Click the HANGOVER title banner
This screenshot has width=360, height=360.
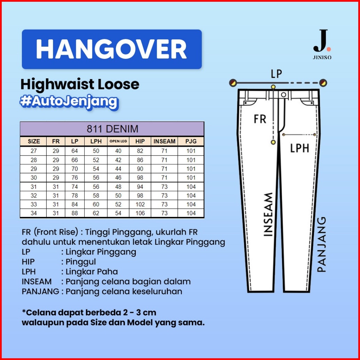111,49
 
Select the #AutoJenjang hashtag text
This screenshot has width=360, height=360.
69,101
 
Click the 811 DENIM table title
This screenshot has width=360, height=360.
112,129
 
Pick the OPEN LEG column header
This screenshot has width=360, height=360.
118,141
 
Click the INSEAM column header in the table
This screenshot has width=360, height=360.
164,141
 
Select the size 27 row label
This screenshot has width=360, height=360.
33,151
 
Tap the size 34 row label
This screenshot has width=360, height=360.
33,213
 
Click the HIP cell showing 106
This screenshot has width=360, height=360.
140,213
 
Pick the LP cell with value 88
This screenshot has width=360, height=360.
75,213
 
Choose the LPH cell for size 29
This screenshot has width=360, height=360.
96,169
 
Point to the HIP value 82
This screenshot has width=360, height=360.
140,151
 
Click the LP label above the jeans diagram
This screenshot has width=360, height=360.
276,74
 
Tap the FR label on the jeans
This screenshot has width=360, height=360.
260,119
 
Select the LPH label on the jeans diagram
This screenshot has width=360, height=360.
300,149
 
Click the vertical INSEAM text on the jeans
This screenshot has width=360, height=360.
268,215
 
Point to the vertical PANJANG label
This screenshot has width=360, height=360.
322,244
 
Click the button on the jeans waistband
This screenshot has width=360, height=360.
284,95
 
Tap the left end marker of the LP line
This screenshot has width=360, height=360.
233,83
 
